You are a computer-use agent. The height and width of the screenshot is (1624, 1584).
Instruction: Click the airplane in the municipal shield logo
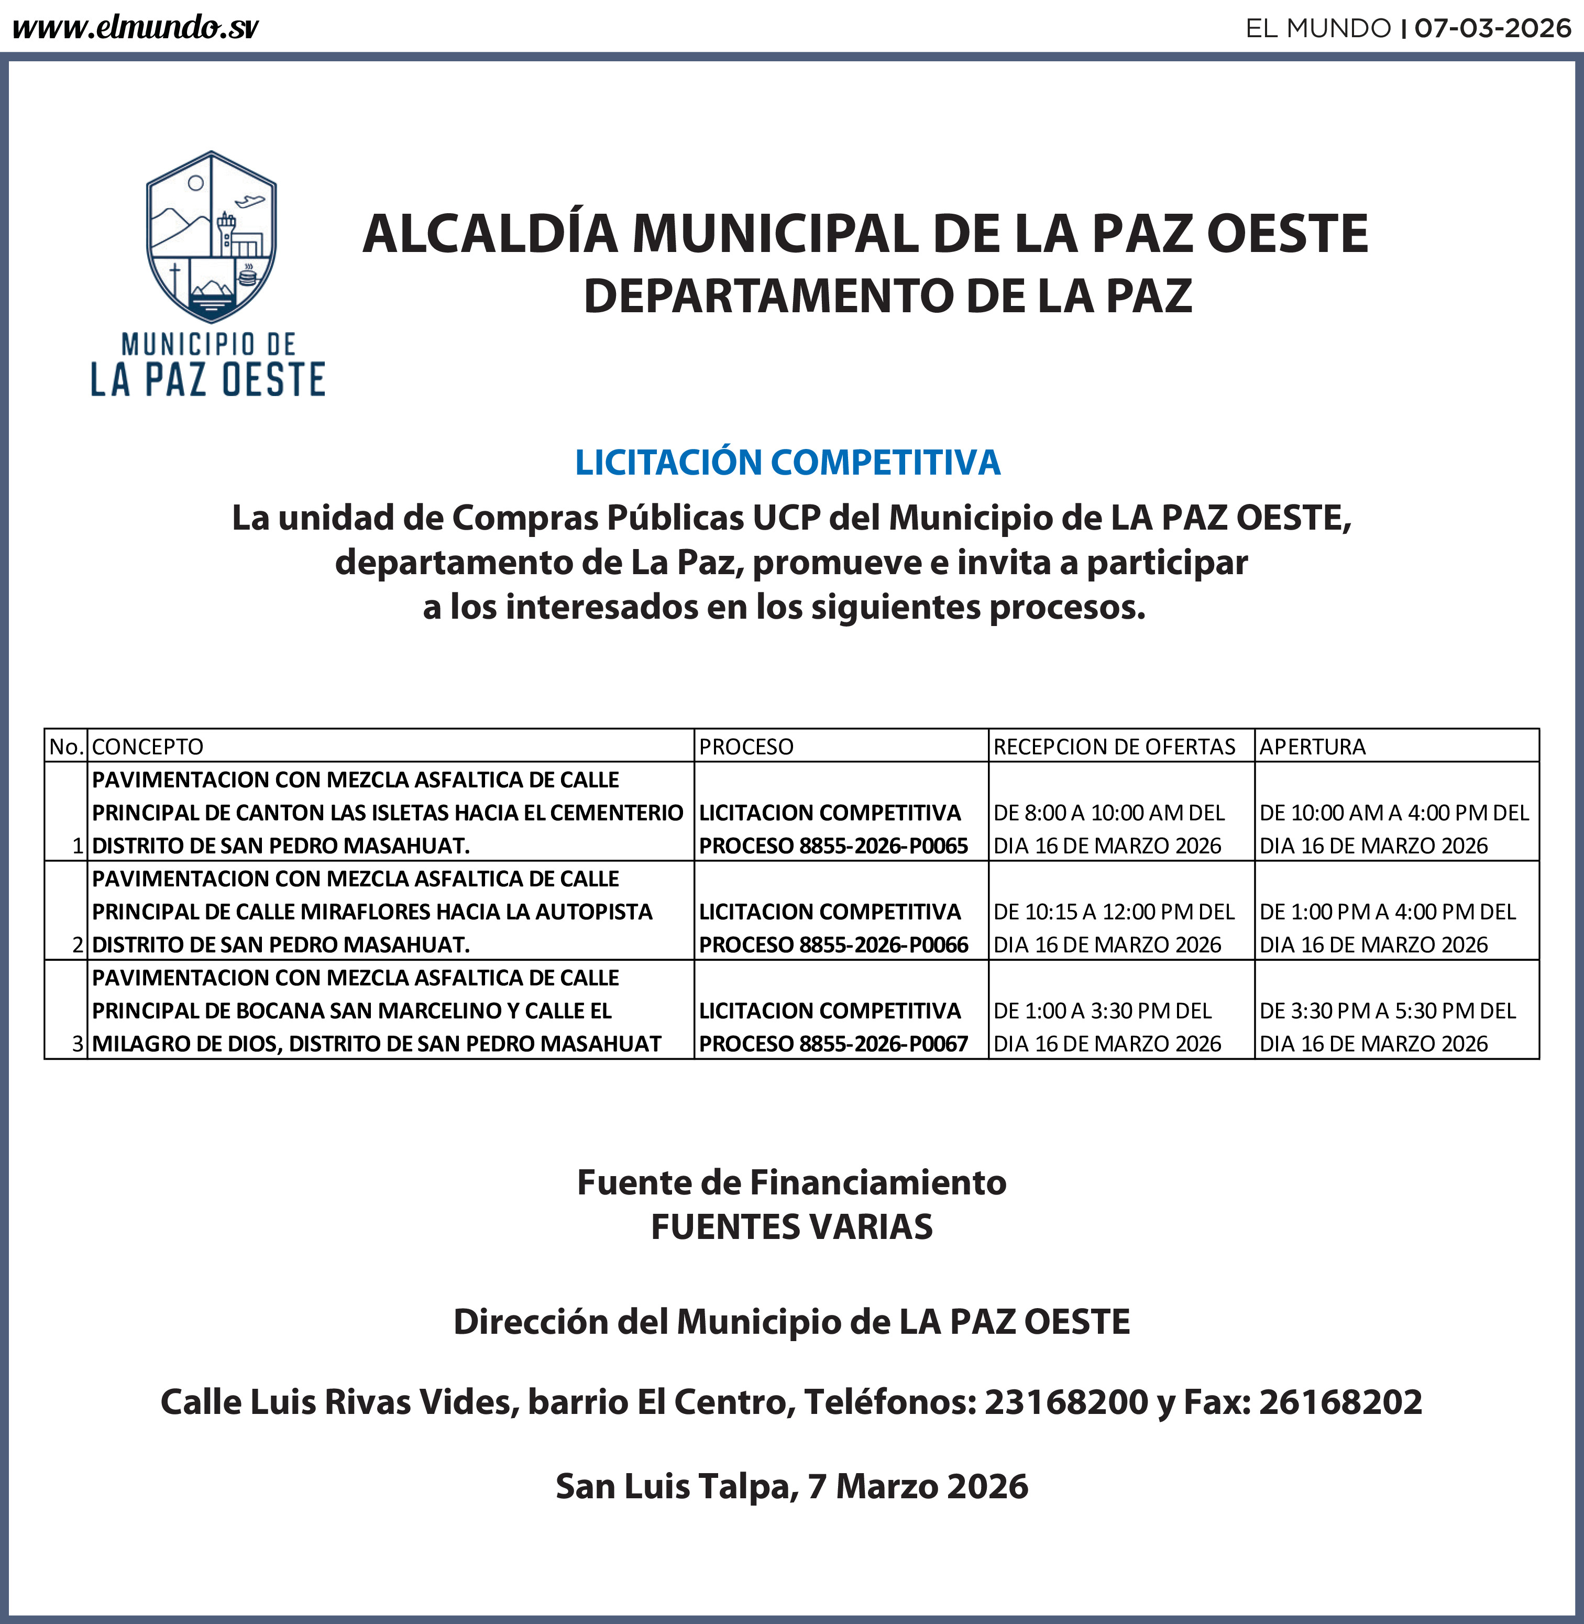[x=249, y=201]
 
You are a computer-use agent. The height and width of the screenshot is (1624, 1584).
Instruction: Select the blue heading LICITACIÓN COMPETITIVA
[x=787, y=463]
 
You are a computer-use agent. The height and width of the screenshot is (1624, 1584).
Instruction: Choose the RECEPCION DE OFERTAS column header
[x=1114, y=747]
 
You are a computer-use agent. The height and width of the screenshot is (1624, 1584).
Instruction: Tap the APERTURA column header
[x=1312, y=747]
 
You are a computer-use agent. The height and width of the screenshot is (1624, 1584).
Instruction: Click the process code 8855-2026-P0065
[x=884, y=846]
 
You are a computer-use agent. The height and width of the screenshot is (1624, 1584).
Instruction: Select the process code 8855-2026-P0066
[x=884, y=945]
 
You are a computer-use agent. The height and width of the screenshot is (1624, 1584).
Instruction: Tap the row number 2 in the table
[x=78, y=945]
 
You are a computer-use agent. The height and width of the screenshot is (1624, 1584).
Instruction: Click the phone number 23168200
[x=1066, y=1402]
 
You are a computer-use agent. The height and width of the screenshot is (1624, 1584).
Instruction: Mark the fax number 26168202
[x=1340, y=1402]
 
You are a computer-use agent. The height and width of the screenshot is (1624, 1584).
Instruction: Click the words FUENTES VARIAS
[x=791, y=1227]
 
